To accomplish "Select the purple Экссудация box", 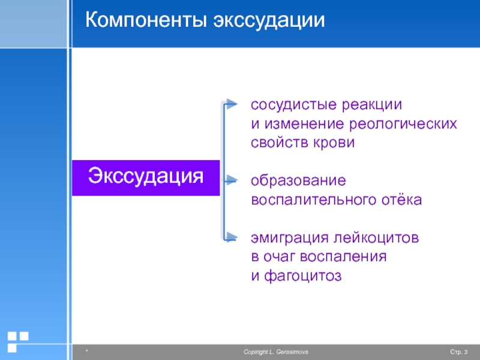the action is [x=146, y=178].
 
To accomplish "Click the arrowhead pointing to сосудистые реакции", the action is [x=232, y=104].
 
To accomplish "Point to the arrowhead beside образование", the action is [x=232, y=181].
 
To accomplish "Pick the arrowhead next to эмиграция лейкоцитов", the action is [x=232, y=237].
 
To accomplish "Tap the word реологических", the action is [x=403, y=124].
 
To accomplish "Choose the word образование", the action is [x=298, y=181].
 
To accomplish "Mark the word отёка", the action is [x=401, y=199].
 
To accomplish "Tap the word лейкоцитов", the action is [x=376, y=238].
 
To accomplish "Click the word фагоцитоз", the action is [x=302, y=276].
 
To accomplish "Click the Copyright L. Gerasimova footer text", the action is [x=276, y=352].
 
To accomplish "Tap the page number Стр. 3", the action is [x=458, y=352].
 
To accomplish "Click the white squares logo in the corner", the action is [x=17, y=341].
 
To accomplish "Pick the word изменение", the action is [x=304, y=124].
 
